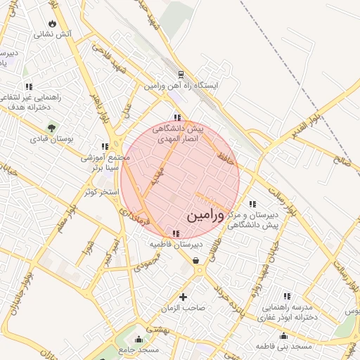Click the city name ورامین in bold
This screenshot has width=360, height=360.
[207, 216]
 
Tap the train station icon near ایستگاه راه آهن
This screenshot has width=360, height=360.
[181, 74]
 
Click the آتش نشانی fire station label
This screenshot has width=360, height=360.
[53, 34]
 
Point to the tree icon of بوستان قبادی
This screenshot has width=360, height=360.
[52, 127]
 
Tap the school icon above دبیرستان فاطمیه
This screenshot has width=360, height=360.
[176, 233]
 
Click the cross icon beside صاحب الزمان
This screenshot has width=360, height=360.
[184, 297]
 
